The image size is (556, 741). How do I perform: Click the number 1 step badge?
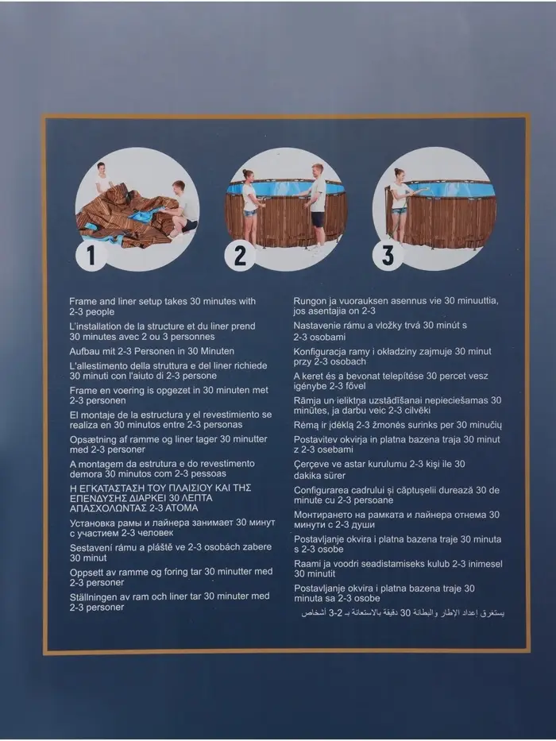click(x=91, y=255)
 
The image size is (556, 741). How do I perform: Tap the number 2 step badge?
click(x=240, y=255)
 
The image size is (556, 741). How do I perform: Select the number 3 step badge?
click(x=388, y=255)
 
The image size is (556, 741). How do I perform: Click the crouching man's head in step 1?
click(x=178, y=186)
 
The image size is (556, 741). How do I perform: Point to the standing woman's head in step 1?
click(x=101, y=168)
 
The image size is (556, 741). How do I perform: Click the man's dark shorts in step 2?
click(x=318, y=219)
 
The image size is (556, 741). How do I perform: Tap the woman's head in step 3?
click(x=400, y=175)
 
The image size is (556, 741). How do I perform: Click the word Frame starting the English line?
click(x=83, y=301)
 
